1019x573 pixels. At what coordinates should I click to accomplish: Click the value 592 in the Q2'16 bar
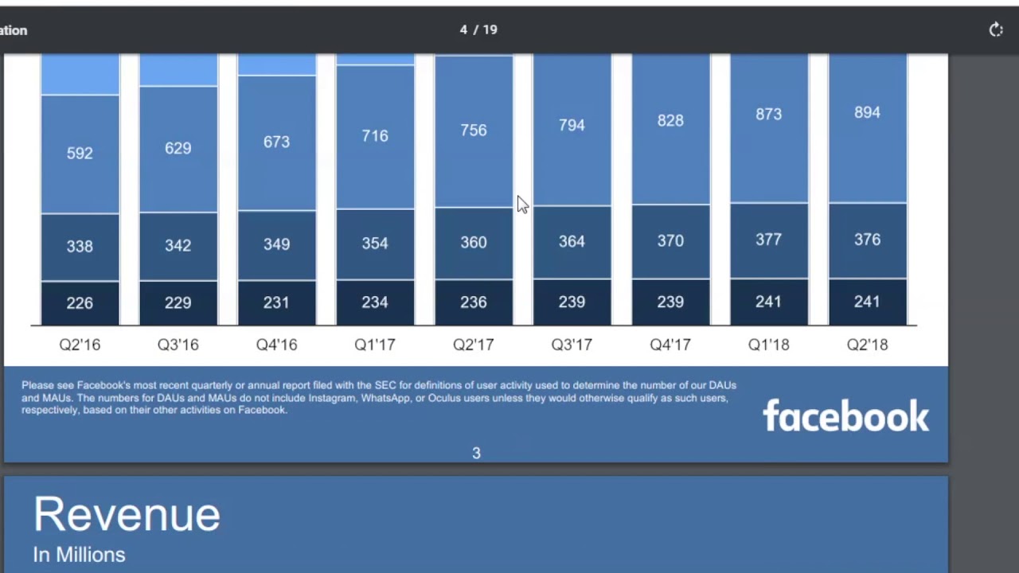[x=80, y=153]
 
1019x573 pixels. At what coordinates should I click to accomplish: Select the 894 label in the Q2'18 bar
[x=867, y=113]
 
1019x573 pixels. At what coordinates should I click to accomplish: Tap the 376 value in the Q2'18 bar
[x=867, y=240]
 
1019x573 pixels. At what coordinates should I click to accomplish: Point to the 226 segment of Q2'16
[x=80, y=303]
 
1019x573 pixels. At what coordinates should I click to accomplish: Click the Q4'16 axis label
[x=276, y=345]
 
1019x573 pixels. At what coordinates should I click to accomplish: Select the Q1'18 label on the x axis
[x=768, y=345]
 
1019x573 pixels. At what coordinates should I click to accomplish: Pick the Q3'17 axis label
[x=572, y=345]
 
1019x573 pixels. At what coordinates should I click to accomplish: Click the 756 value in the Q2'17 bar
[x=473, y=131]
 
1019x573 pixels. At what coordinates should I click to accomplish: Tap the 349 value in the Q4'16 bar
[x=276, y=244]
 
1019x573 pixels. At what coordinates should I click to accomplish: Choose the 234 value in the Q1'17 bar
[x=375, y=302]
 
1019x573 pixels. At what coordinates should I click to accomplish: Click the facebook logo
[x=845, y=416]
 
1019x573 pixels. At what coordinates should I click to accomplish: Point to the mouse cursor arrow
[x=521, y=205]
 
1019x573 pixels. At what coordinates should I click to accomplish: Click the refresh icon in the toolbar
[x=996, y=30]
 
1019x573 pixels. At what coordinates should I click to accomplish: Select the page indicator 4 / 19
[x=478, y=29]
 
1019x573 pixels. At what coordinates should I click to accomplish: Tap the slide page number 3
[x=476, y=453]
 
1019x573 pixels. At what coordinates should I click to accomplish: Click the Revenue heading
[x=127, y=514]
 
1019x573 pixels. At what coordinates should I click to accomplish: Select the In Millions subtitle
[x=79, y=555]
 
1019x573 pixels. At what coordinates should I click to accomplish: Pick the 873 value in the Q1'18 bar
[x=768, y=115]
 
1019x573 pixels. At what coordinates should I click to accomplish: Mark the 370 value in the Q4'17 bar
[x=670, y=241]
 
